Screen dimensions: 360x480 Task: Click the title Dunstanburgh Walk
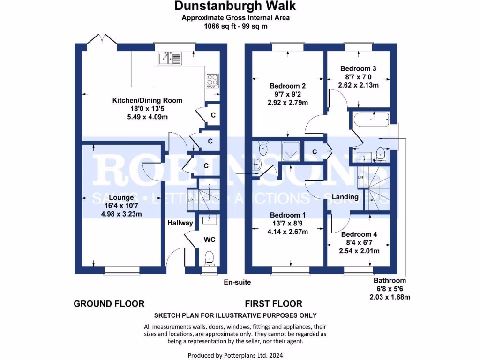235,6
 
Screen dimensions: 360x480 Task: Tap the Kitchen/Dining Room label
147,100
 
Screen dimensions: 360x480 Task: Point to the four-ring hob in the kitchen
212,81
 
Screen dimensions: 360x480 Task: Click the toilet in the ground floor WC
209,257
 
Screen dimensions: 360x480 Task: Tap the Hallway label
180,223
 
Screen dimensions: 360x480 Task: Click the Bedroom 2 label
288,86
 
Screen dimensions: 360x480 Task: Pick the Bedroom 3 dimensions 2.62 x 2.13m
359,85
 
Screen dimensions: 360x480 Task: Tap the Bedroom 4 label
359,234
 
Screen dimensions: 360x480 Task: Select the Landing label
345,197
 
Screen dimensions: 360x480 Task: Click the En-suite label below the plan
237,282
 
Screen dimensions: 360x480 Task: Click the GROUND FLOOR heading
109,304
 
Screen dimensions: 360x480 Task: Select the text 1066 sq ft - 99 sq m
235,26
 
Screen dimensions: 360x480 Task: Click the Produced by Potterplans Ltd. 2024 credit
235,355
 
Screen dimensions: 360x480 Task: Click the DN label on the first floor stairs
360,177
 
